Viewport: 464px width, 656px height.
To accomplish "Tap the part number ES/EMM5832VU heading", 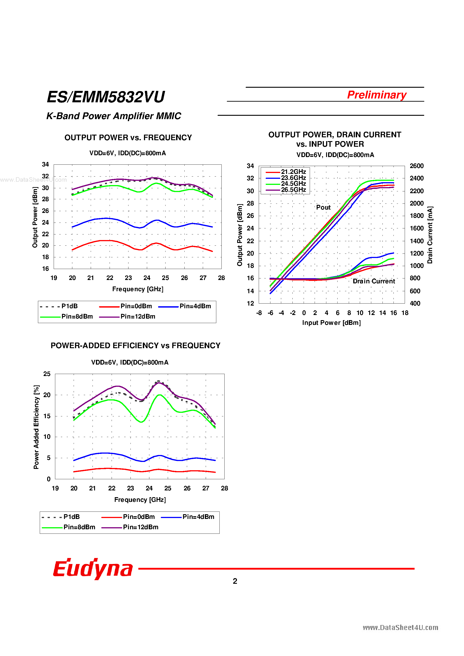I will click(x=106, y=97).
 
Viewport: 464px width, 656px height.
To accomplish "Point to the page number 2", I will click(x=235, y=581).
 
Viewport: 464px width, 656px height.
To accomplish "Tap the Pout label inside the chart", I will click(x=323, y=208).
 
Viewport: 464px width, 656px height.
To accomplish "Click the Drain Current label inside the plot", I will click(x=373, y=281).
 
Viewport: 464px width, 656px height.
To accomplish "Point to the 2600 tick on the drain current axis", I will click(x=417, y=166).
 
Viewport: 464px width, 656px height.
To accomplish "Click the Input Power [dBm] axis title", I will click(x=331, y=323).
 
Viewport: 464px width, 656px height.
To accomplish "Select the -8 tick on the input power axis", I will click(x=259, y=313).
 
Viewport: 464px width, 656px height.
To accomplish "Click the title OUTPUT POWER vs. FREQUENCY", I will click(x=128, y=138).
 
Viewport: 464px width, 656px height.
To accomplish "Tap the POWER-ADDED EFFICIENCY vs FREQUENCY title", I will click(x=135, y=346).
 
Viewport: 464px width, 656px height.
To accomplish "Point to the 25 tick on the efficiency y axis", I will click(x=47, y=374).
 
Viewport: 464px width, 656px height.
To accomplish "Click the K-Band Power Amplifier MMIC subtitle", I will click(x=114, y=116).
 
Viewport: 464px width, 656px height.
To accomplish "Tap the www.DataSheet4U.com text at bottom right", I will click(x=400, y=628).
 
